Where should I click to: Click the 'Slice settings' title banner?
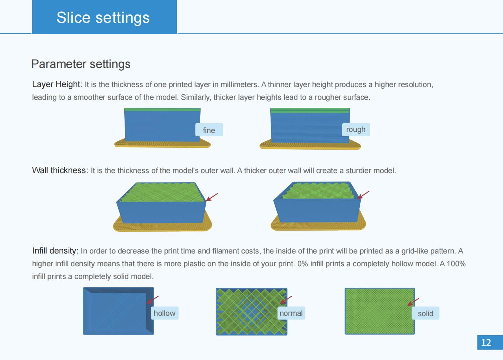click(104, 17)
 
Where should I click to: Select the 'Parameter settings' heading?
click(81, 64)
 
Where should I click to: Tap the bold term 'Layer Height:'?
click(57, 84)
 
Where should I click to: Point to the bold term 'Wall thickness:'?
click(60, 170)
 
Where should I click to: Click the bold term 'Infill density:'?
click(55, 250)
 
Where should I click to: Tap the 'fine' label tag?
click(209, 130)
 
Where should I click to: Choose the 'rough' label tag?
click(356, 130)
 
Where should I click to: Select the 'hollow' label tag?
click(165, 313)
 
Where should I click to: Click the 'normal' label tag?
click(291, 313)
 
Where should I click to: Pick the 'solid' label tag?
click(426, 313)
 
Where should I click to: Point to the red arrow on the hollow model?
click(153, 300)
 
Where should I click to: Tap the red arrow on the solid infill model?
click(413, 302)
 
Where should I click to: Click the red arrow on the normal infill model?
click(286, 300)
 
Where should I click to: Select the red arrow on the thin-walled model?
click(212, 197)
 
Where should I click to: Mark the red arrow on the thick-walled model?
click(363, 195)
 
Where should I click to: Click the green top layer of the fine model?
click(162, 110)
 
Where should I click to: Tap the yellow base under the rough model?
click(310, 145)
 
